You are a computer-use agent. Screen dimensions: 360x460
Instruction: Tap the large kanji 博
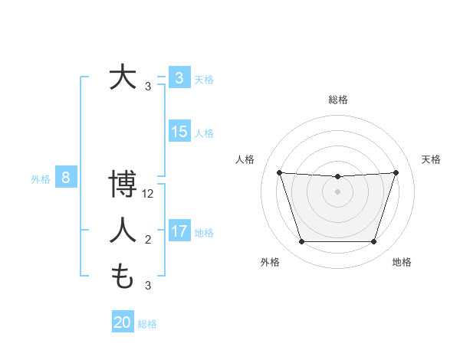click(x=123, y=185)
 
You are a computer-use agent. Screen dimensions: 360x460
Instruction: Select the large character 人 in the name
click(x=123, y=230)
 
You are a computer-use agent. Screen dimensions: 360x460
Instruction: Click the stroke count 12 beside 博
click(x=149, y=194)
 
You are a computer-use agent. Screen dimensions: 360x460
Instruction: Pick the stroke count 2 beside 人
click(x=148, y=240)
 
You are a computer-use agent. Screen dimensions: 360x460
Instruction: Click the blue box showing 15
click(x=179, y=132)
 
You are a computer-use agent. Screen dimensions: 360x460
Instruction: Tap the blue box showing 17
click(x=179, y=231)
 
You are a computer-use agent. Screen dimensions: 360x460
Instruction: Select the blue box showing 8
click(x=66, y=178)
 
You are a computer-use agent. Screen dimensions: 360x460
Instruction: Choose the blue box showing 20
click(x=123, y=322)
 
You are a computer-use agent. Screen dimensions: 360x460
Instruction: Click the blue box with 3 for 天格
click(x=179, y=78)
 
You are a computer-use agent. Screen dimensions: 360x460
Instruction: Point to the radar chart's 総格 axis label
click(x=337, y=100)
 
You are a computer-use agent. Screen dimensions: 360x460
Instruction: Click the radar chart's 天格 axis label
click(x=431, y=159)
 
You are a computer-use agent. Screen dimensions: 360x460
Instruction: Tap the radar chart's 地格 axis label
click(x=402, y=263)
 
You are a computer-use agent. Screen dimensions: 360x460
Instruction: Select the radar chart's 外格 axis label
click(x=270, y=263)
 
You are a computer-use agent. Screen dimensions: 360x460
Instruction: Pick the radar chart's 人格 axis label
click(x=245, y=159)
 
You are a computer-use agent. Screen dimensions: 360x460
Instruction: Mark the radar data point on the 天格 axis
click(x=396, y=172)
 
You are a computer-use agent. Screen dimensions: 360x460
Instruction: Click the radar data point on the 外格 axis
click(x=301, y=242)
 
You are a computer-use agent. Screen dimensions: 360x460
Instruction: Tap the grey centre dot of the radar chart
click(x=337, y=191)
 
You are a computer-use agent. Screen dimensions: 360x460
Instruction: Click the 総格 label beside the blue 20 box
click(x=147, y=324)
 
